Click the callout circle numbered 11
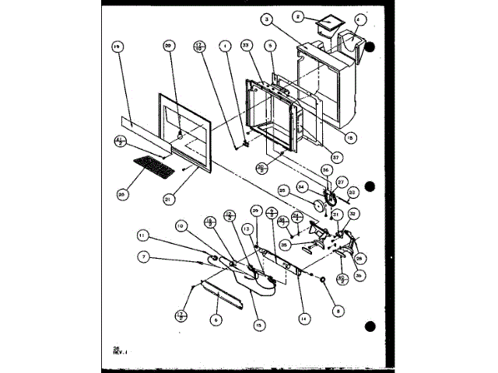point(142,234)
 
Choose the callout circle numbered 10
point(179,227)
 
